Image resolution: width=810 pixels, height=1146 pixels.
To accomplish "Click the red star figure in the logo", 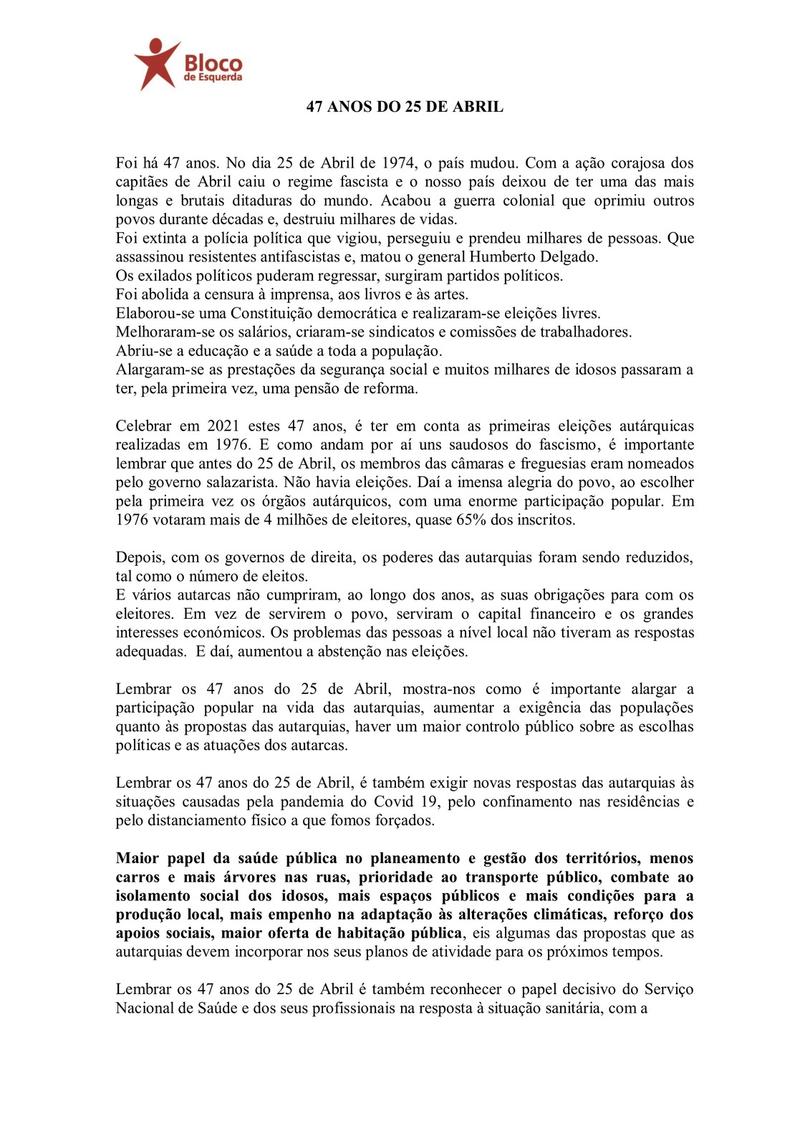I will tap(155, 63).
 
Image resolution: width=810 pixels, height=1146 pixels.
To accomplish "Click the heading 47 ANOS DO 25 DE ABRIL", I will tap(405, 107).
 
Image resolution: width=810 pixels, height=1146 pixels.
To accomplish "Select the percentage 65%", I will tap(471, 520).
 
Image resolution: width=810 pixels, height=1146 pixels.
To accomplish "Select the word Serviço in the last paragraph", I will tap(668, 989).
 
